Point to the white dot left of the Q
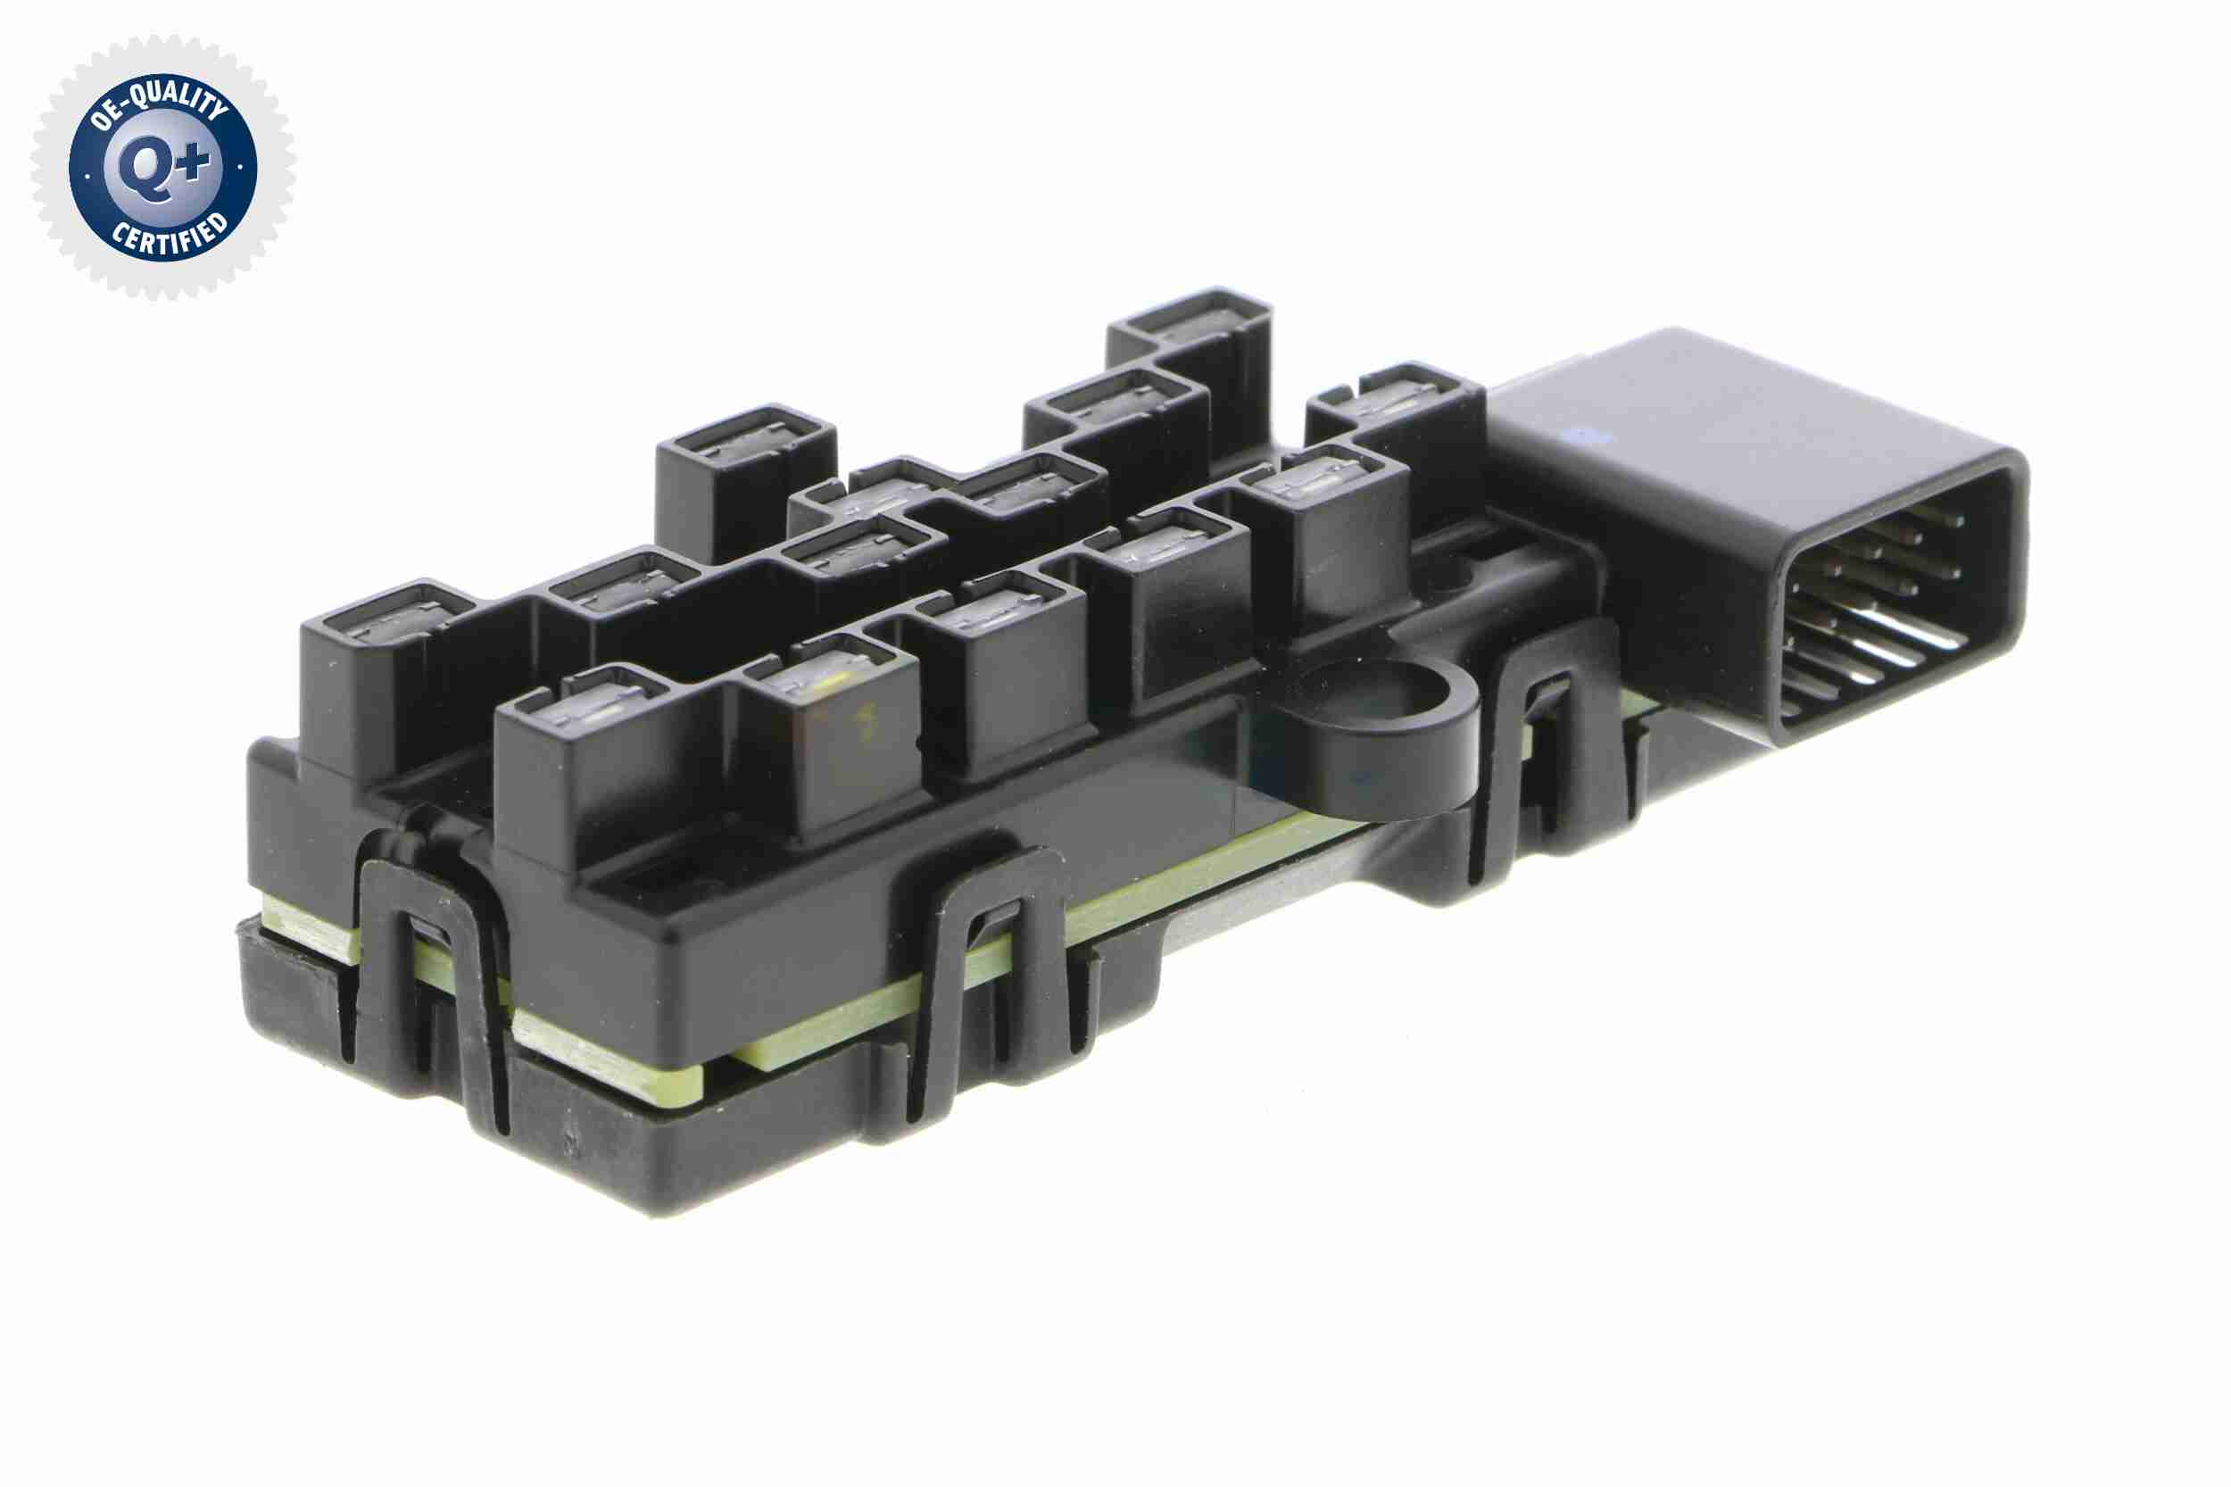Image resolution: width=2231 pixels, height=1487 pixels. (x=88, y=176)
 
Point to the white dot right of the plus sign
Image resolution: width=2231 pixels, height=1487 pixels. (x=241, y=167)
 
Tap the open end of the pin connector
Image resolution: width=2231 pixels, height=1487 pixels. (x=1896, y=602)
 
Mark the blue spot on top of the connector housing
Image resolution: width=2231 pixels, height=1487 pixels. (x=1585, y=437)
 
